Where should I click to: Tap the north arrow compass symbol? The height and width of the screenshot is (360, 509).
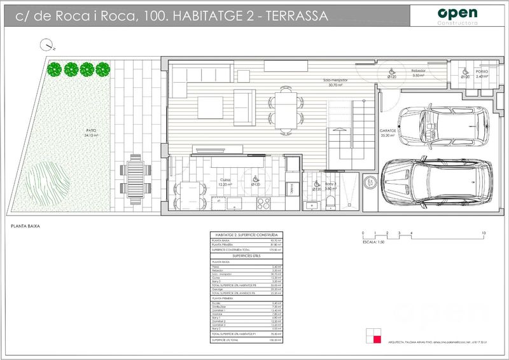[46, 45]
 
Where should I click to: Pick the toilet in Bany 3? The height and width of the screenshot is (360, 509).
[330, 203]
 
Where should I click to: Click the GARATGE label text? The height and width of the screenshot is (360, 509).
[387, 131]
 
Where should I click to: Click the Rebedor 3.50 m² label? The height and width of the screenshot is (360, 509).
[418, 73]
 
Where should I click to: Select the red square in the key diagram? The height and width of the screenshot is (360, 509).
[377, 339]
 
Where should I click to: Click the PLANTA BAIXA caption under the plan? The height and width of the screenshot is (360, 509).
[26, 226]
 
